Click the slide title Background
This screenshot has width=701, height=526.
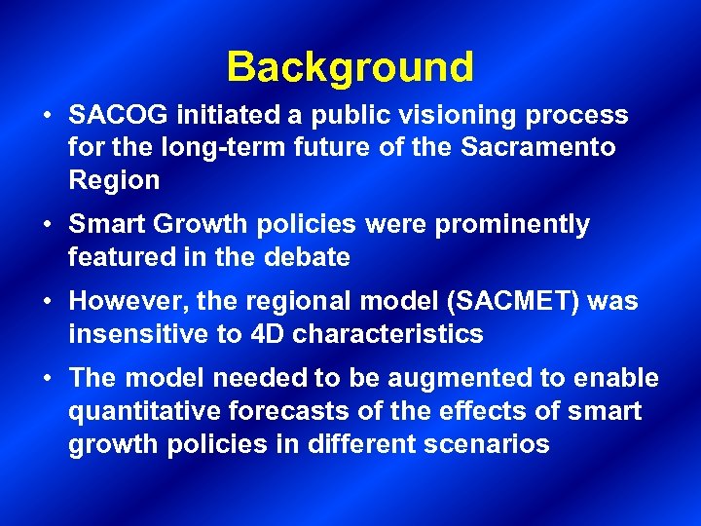coord(350,67)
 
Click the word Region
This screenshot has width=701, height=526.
coord(114,180)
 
